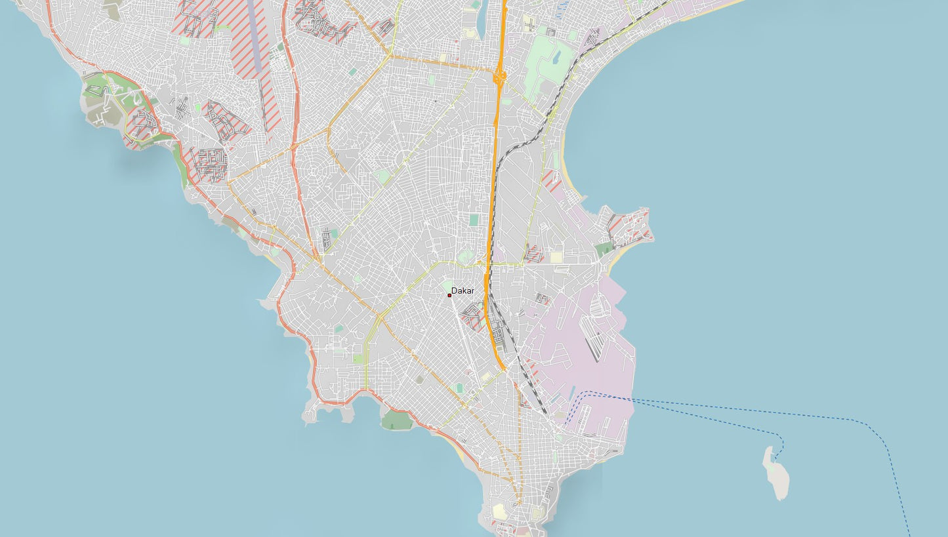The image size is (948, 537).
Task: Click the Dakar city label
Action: click(x=463, y=290)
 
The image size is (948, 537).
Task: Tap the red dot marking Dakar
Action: click(x=449, y=295)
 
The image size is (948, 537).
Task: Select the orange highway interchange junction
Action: click(x=500, y=76)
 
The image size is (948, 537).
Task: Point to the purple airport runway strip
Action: click(x=254, y=39)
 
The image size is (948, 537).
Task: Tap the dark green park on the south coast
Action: click(x=397, y=420)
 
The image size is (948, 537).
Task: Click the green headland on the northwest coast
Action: click(x=105, y=98)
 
